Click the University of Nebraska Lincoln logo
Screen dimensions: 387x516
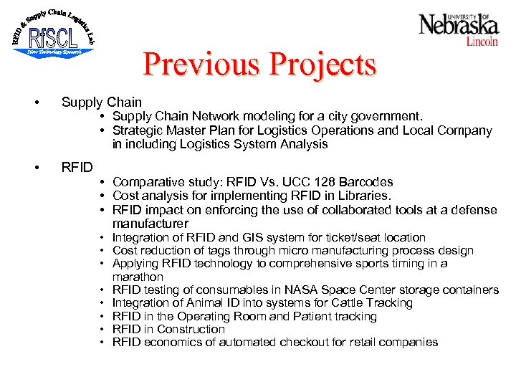click(459, 29)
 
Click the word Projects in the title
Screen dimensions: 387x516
click(322, 64)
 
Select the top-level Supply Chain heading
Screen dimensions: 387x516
click(102, 102)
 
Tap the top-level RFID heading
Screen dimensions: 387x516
click(77, 168)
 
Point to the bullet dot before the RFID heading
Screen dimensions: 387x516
click(37, 168)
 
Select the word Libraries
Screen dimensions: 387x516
click(365, 196)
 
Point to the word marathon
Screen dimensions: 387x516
click(138, 277)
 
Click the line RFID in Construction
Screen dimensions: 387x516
click(168, 329)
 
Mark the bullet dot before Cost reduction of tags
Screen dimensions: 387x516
click(104, 251)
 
